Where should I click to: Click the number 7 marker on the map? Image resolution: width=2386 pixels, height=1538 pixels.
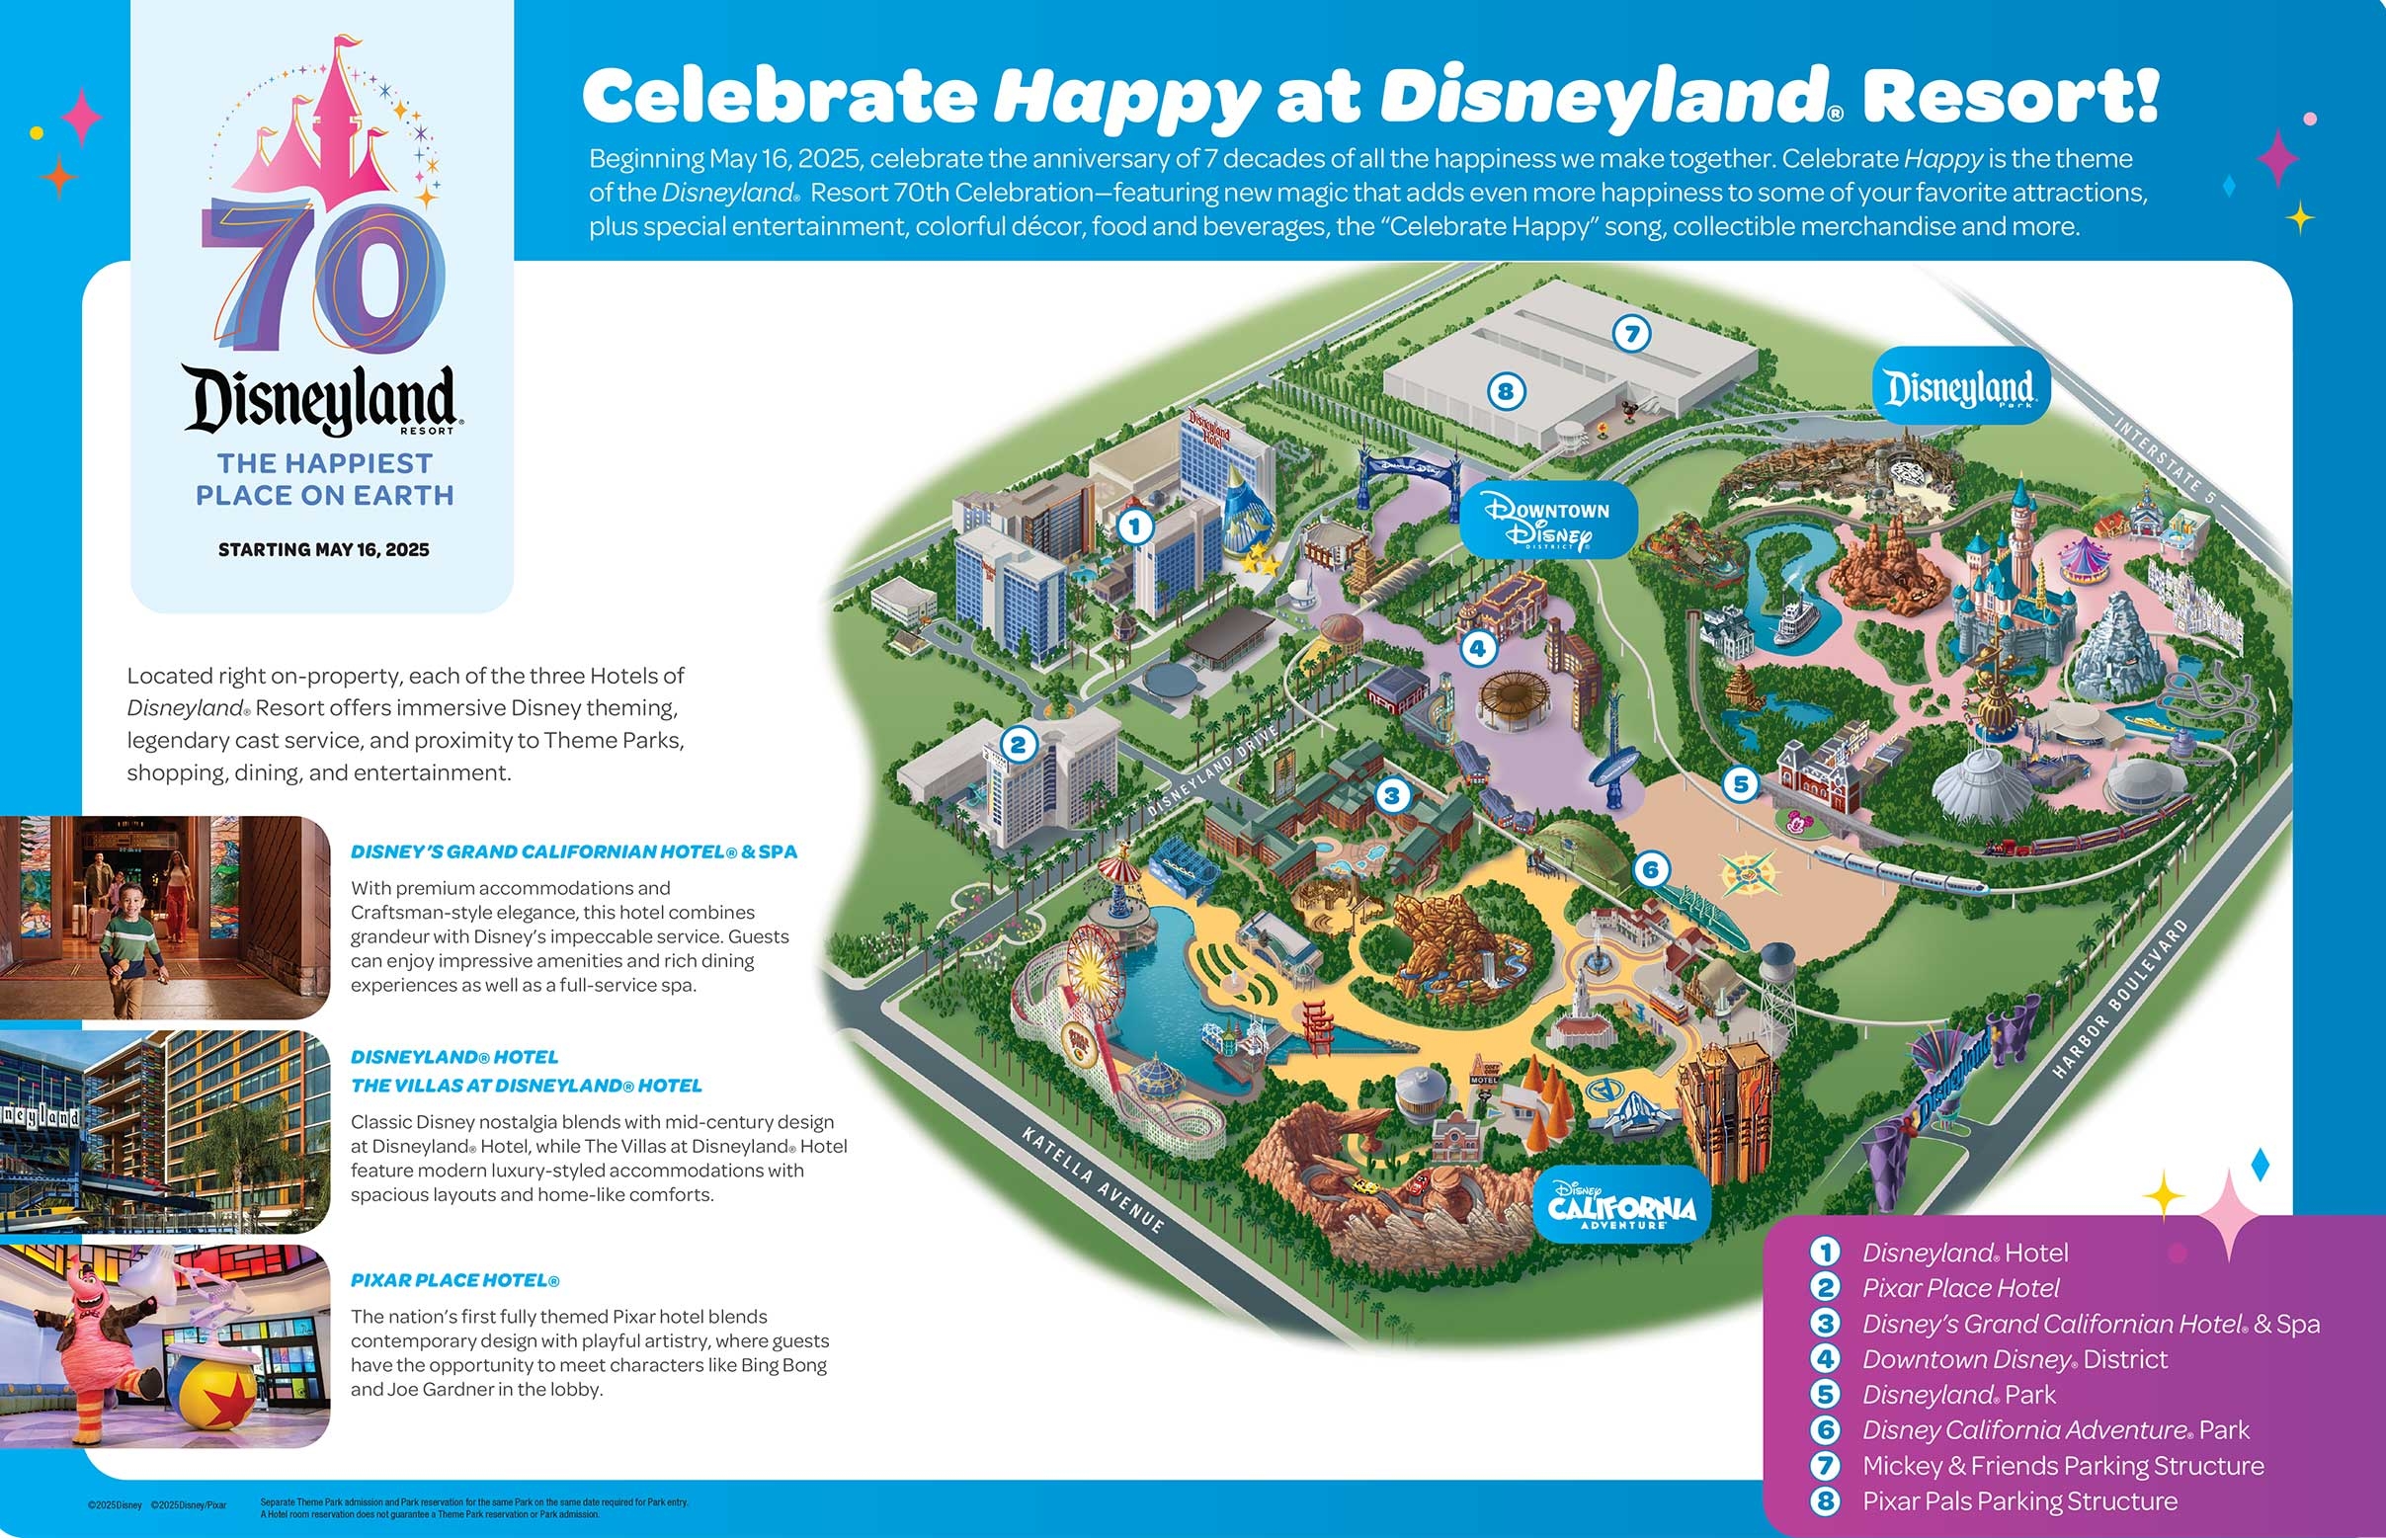pos(1632,333)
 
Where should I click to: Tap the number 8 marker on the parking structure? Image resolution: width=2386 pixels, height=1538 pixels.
pos(1505,390)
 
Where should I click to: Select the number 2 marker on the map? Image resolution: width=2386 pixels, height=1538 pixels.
pos(1018,744)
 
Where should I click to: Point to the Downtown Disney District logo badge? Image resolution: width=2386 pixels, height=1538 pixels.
pos(1547,521)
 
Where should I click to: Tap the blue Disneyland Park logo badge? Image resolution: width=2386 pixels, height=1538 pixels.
pos(1958,386)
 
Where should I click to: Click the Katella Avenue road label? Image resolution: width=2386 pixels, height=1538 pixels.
pos(1093,1179)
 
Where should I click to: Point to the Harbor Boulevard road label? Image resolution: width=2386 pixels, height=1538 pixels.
pos(2121,998)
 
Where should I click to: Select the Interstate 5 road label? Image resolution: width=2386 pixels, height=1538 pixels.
pos(2165,456)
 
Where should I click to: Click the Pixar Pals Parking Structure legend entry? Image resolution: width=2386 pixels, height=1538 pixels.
pos(2018,1501)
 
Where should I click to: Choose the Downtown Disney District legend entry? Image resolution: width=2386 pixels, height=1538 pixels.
pos(2014,1359)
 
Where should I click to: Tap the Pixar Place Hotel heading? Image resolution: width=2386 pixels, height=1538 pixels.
pos(454,1280)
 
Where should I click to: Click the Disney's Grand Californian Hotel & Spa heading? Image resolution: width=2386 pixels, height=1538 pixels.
pos(573,851)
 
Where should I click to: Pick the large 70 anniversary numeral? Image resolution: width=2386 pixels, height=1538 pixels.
pos(324,280)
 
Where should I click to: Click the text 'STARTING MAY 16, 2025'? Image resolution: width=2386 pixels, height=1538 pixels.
pos(324,549)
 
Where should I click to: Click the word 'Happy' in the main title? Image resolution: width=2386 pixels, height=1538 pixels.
pos(1125,97)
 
